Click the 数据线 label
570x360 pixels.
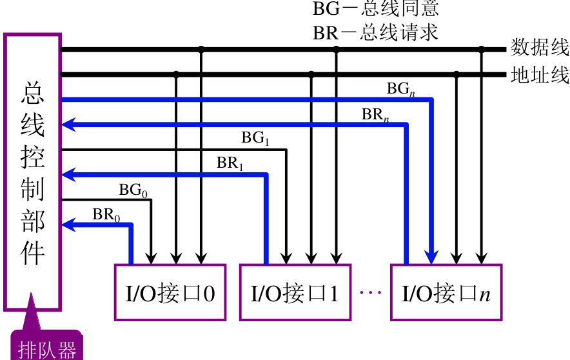(x=540, y=48)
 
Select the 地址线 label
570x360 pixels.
(x=540, y=74)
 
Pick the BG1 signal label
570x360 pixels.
(x=255, y=138)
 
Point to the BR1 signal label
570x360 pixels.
(x=230, y=164)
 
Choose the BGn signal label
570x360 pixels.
(x=400, y=89)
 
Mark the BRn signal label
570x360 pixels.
(x=375, y=115)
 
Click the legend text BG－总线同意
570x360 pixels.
(x=376, y=9)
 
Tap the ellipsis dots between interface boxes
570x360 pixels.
(x=371, y=293)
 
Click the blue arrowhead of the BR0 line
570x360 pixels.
(x=68, y=225)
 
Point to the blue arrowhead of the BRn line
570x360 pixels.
(x=68, y=125)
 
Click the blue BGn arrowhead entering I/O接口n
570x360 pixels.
(x=432, y=257)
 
